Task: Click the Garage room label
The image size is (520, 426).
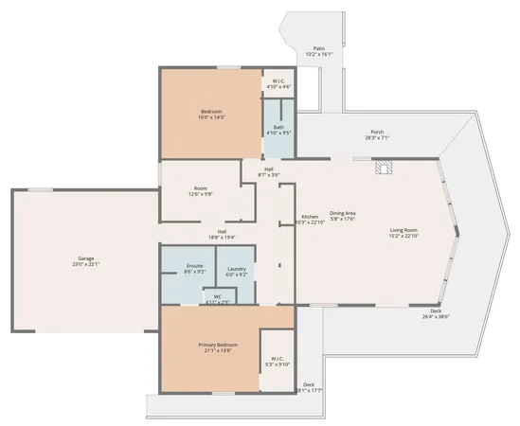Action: (x=86, y=260)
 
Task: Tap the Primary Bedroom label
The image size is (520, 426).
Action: (x=217, y=346)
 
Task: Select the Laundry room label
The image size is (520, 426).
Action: (x=237, y=272)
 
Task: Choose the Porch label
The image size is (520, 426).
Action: (x=377, y=135)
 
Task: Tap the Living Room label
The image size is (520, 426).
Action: (x=403, y=233)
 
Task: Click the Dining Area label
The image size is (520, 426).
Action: (x=342, y=216)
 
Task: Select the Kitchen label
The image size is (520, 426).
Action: (x=311, y=220)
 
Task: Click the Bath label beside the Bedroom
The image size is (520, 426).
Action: (x=278, y=130)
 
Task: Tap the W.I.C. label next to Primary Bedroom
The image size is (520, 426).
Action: (x=278, y=362)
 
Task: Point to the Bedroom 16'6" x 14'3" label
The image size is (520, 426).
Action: (x=210, y=115)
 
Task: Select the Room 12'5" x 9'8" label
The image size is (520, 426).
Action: (x=200, y=190)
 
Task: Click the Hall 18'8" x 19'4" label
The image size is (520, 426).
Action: (x=222, y=235)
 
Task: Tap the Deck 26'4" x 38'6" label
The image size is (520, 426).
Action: (x=436, y=313)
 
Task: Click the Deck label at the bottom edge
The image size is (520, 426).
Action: (x=309, y=387)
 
